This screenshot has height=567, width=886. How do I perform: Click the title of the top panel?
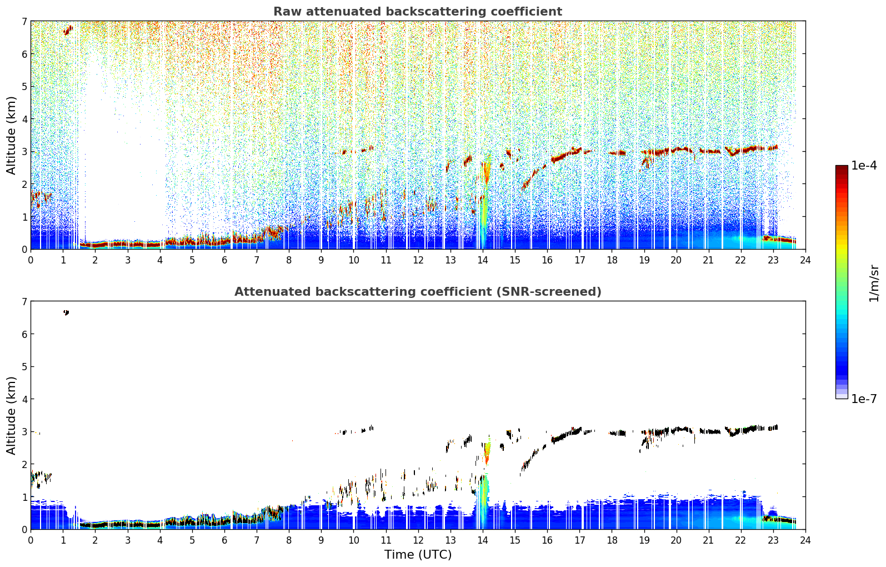click(418, 12)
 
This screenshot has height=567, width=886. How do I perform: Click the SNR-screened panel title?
click(418, 291)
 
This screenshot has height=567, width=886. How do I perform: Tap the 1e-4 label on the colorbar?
click(864, 166)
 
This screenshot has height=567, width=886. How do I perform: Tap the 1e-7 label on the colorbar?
click(864, 399)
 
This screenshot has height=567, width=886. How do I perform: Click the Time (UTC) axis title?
click(418, 554)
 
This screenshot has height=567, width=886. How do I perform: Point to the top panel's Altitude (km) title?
click(11, 136)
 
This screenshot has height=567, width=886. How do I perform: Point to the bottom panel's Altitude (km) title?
click(11, 415)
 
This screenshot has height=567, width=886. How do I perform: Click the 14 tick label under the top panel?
click(482, 260)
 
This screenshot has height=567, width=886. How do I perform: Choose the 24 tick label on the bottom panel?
click(805, 540)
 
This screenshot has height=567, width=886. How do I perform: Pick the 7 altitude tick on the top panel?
click(24, 21)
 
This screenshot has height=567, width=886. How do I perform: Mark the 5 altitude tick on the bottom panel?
click(24, 367)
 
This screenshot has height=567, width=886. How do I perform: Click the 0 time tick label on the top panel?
click(31, 260)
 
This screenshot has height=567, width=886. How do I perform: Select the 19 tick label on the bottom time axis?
click(644, 540)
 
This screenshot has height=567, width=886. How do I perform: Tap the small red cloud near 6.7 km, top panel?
click(68, 30)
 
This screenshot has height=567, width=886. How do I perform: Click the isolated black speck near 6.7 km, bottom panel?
click(66, 313)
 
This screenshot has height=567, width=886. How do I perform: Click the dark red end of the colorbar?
click(842, 168)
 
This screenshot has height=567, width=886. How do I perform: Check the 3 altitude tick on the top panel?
click(24, 151)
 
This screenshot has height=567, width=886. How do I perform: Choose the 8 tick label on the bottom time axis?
click(289, 540)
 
